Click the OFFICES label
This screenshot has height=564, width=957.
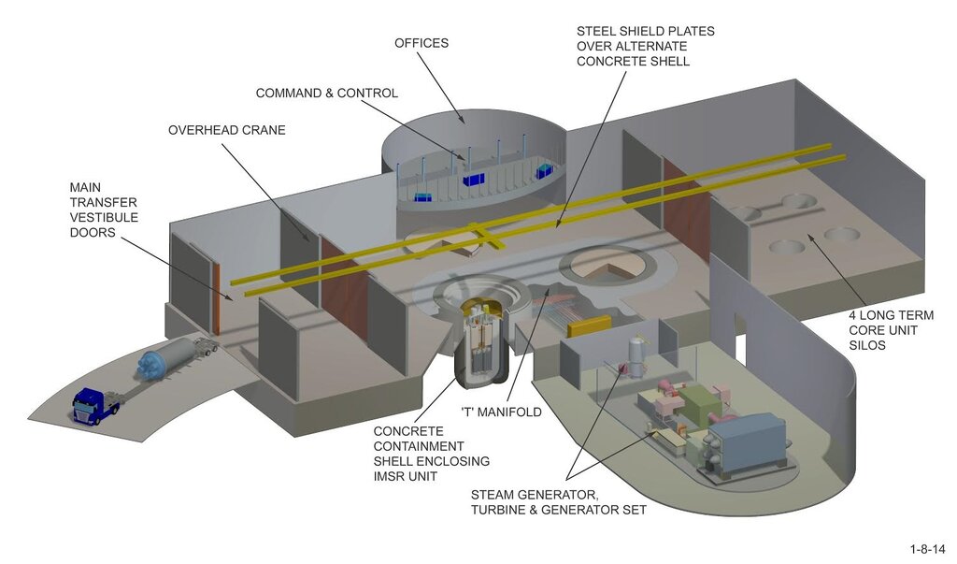pyautogui.click(x=421, y=43)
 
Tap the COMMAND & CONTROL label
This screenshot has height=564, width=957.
pyautogui.click(x=326, y=93)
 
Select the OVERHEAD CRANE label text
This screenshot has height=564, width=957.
pyautogui.click(x=227, y=130)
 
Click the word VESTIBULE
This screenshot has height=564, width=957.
pyautogui.click(x=104, y=218)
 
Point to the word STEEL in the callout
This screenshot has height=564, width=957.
pyautogui.click(x=595, y=31)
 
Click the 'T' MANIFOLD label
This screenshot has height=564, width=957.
pyautogui.click(x=501, y=412)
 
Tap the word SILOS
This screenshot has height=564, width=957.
pyautogui.click(x=867, y=345)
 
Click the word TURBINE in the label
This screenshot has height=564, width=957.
pyautogui.click(x=498, y=510)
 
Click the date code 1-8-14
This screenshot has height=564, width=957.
pyautogui.click(x=928, y=549)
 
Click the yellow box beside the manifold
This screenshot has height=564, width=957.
pyautogui.click(x=589, y=327)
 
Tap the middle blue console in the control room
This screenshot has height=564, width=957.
pyautogui.click(x=473, y=180)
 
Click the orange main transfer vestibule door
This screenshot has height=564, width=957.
pyautogui.click(x=216, y=298)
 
